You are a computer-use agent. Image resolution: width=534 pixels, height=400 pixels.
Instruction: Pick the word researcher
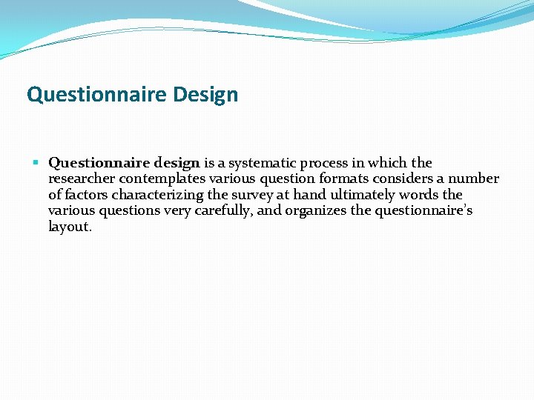[x=81, y=179]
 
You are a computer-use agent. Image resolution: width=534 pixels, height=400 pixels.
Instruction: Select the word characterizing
[x=157, y=196]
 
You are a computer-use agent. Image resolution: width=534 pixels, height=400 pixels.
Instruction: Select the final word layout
[x=70, y=227]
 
